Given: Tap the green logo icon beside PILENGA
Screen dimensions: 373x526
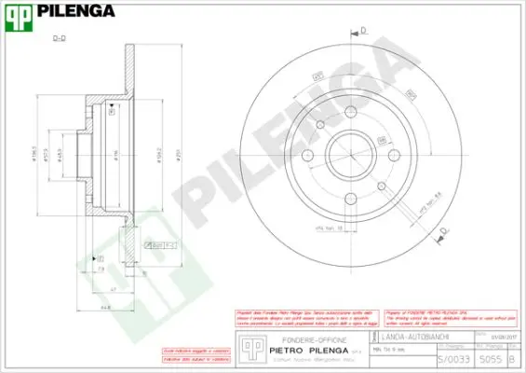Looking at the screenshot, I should coord(20,12).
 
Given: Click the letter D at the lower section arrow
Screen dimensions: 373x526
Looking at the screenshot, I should coord(443,229).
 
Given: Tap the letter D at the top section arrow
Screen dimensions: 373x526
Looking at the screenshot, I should coord(363,31).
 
